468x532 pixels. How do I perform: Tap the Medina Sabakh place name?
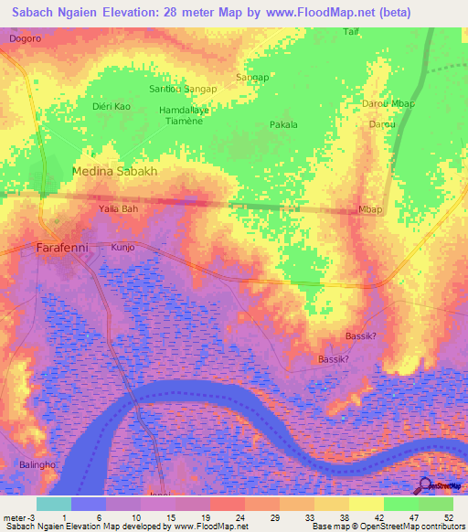(x=115, y=171)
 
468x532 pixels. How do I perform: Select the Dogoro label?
(x=26, y=39)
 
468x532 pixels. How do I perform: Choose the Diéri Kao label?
(x=112, y=107)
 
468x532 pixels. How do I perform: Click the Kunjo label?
(x=122, y=248)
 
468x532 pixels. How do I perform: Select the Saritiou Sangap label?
(x=183, y=89)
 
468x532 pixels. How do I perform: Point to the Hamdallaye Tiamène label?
(x=185, y=116)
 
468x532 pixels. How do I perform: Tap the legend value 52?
(x=448, y=516)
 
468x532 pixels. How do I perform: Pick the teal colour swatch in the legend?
(x=54, y=503)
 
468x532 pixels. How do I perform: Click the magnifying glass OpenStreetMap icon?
(x=424, y=484)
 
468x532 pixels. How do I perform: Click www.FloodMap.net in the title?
(x=317, y=13)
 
